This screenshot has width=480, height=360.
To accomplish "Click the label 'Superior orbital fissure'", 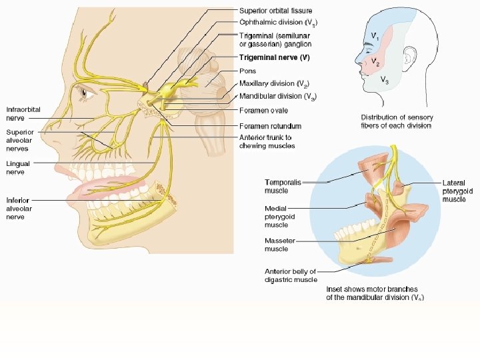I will [275, 11].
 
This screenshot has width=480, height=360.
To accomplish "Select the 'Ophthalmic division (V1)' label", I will [273, 22].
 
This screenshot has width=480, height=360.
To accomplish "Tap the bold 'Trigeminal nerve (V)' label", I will [274, 57].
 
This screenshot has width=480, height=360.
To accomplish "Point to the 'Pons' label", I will [247, 71].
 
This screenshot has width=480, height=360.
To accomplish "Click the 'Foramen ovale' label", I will [265, 111].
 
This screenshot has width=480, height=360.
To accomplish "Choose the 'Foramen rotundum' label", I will [269, 126].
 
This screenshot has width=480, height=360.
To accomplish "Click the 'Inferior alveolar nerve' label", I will [21, 208].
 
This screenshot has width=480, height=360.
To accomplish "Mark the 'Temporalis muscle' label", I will [283, 186].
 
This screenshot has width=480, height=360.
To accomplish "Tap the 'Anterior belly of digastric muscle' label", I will [291, 275].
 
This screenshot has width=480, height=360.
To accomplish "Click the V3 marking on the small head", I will [385, 79].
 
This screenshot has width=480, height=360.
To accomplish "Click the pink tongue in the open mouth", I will [107, 187].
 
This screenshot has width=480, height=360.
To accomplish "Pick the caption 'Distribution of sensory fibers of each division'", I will [397, 121].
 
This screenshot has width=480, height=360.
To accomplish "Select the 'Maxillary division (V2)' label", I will [273, 84].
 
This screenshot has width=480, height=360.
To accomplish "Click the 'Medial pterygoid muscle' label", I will [279, 217].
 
